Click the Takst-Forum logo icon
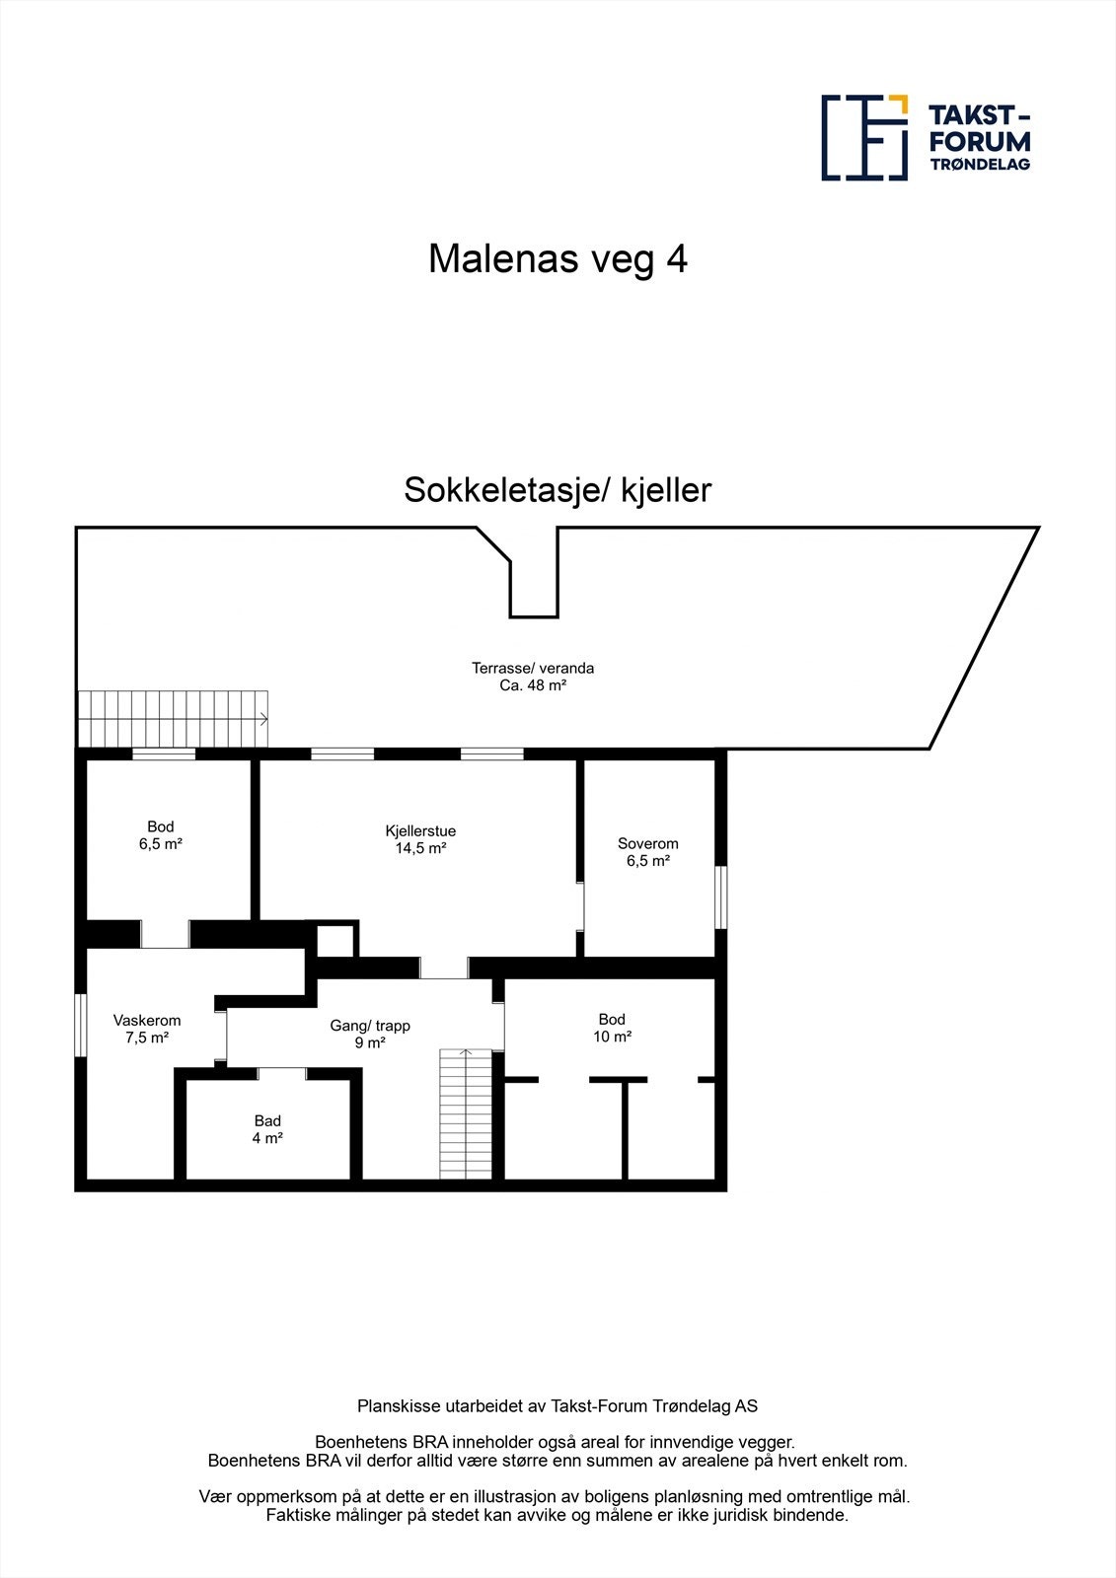(x=864, y=138)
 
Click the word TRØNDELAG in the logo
(x=980, y=165)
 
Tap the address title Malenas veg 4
(x=558, y=259)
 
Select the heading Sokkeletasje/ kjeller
(x=558, y=490)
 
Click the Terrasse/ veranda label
(x=533, y=668)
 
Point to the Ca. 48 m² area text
(x=533, y=685)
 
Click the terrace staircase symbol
(x=174, y=719)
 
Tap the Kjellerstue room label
(x=420, y=830)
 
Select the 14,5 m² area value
(x=420, y=848)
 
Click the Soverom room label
(x=648, y=843)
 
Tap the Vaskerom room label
(x=147, y=1020)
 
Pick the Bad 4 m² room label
(x=267, y=1129)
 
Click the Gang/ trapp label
(x=370, y=1026)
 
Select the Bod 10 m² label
(x=612, y=1028)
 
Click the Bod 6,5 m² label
(x=161, y=835)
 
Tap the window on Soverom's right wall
(x=721, y=897)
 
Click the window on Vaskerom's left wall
(x=80, y=1025)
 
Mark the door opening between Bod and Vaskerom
(x=165, y=934)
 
